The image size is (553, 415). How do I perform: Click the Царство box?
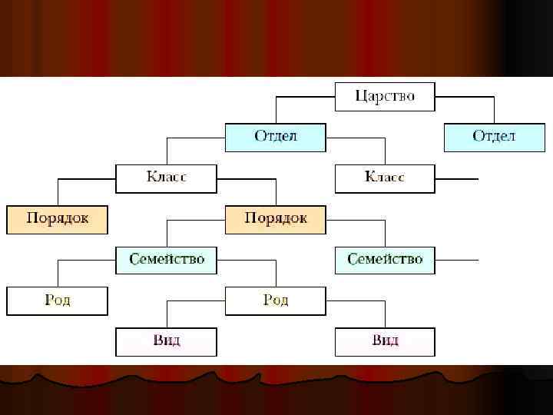coord(385,96)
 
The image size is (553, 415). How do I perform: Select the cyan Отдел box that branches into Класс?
coord(275,137)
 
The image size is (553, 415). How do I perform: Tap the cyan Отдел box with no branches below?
coord(494,137)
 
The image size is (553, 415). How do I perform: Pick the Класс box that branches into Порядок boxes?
coord(166,178)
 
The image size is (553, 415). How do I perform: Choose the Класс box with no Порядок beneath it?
coord(385,178)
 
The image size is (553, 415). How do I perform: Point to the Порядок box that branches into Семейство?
coord(275,219)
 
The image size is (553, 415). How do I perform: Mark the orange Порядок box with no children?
coord(57,219)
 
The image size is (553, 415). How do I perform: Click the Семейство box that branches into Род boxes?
coord(166,260)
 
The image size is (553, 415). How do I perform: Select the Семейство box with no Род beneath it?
coord(385,260)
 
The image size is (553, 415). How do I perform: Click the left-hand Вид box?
coord(166,341)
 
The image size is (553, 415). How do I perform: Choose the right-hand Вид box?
coord(385,341)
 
